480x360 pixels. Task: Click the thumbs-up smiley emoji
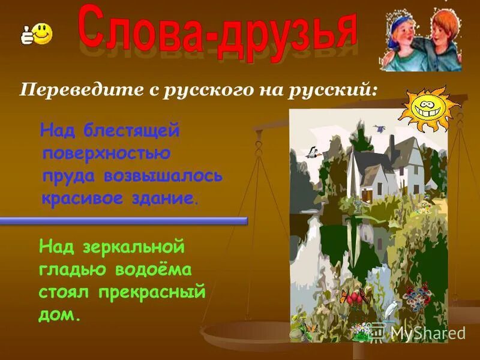[37, 34]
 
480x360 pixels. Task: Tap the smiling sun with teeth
[431, 109]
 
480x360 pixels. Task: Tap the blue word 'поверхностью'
[106, 153]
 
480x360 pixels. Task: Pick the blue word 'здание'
[166, 198]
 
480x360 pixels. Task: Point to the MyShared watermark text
[428, 332]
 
